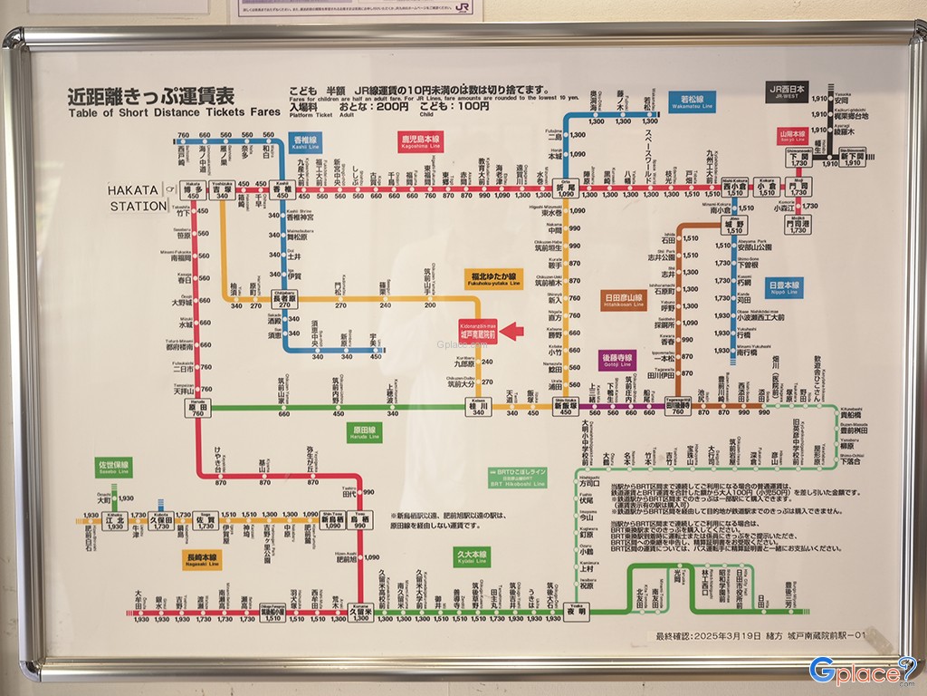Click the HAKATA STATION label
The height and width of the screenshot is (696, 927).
tap(139, 198)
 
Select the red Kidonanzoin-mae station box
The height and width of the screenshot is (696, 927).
tap(480, 331)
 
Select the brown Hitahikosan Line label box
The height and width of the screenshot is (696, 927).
tap(623, 300)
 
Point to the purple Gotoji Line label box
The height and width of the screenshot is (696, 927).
tap(618, 361)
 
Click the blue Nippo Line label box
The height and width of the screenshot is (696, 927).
tap(783, 287)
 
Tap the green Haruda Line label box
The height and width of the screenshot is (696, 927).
tap(365, 432)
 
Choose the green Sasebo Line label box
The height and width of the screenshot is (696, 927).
tap(114, 469)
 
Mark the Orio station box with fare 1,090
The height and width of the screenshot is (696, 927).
tap(567, 189)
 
